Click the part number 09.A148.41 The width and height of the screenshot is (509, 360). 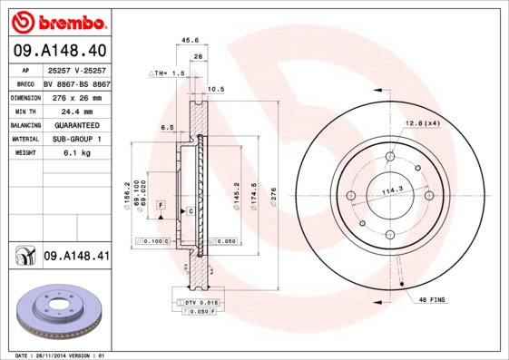click(x=76, y=257)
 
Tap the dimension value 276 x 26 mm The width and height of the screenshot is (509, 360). click(x=76, y=96)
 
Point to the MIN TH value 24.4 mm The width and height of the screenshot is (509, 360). click(x=76, y=111)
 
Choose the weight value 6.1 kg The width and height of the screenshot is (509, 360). click(x=76, y=153)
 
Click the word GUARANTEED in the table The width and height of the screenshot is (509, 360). click(x=76, y=125)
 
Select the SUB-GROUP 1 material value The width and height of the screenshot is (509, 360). click(x=76, y=140)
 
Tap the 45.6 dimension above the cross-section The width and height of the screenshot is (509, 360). click(x=191, y=40)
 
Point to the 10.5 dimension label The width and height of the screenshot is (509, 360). click(x=215, y=89)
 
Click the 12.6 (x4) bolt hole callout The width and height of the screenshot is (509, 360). click(x=422, y=123)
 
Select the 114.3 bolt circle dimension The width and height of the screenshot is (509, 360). click(x=391, y=191)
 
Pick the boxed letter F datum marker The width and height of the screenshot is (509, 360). click(x=160, y=207)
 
